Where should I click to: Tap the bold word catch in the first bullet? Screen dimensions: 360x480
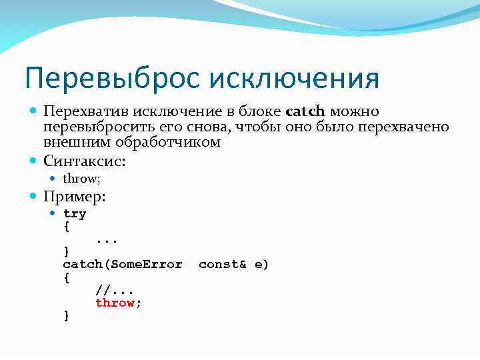[x=305, y=111]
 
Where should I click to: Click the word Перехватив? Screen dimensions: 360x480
[x=85, y=111]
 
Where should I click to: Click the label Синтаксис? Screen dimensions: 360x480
[x=84, y=161]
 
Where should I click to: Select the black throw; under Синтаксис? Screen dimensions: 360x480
[x=81, y=178]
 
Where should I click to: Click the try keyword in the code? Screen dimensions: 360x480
[x=75, y=214]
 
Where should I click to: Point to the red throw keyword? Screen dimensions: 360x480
[x=115, y=303]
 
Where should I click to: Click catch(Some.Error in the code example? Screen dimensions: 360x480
[x=123, y=265]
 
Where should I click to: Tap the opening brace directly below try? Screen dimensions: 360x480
[x=66, y=227]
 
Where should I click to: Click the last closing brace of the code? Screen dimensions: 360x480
[x=66, y=315]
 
